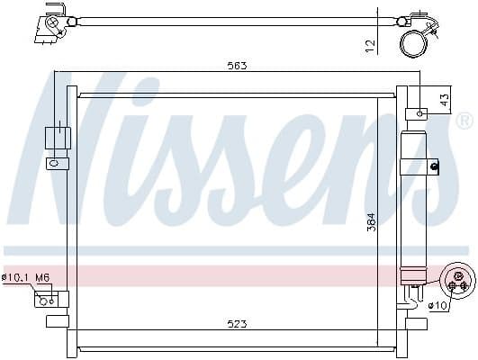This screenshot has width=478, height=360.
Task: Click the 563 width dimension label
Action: [237, 66]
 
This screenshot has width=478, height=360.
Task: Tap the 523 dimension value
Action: [237, 324]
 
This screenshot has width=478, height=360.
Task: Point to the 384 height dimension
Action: [372, 221]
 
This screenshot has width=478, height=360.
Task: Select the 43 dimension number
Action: [445, 100]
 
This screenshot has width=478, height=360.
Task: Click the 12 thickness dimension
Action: [370, 46]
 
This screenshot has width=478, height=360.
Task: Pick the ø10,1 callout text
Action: [16, 277]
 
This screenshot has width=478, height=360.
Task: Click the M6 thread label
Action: [42, 277]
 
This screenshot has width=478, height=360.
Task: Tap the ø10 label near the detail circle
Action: [437, 305]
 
